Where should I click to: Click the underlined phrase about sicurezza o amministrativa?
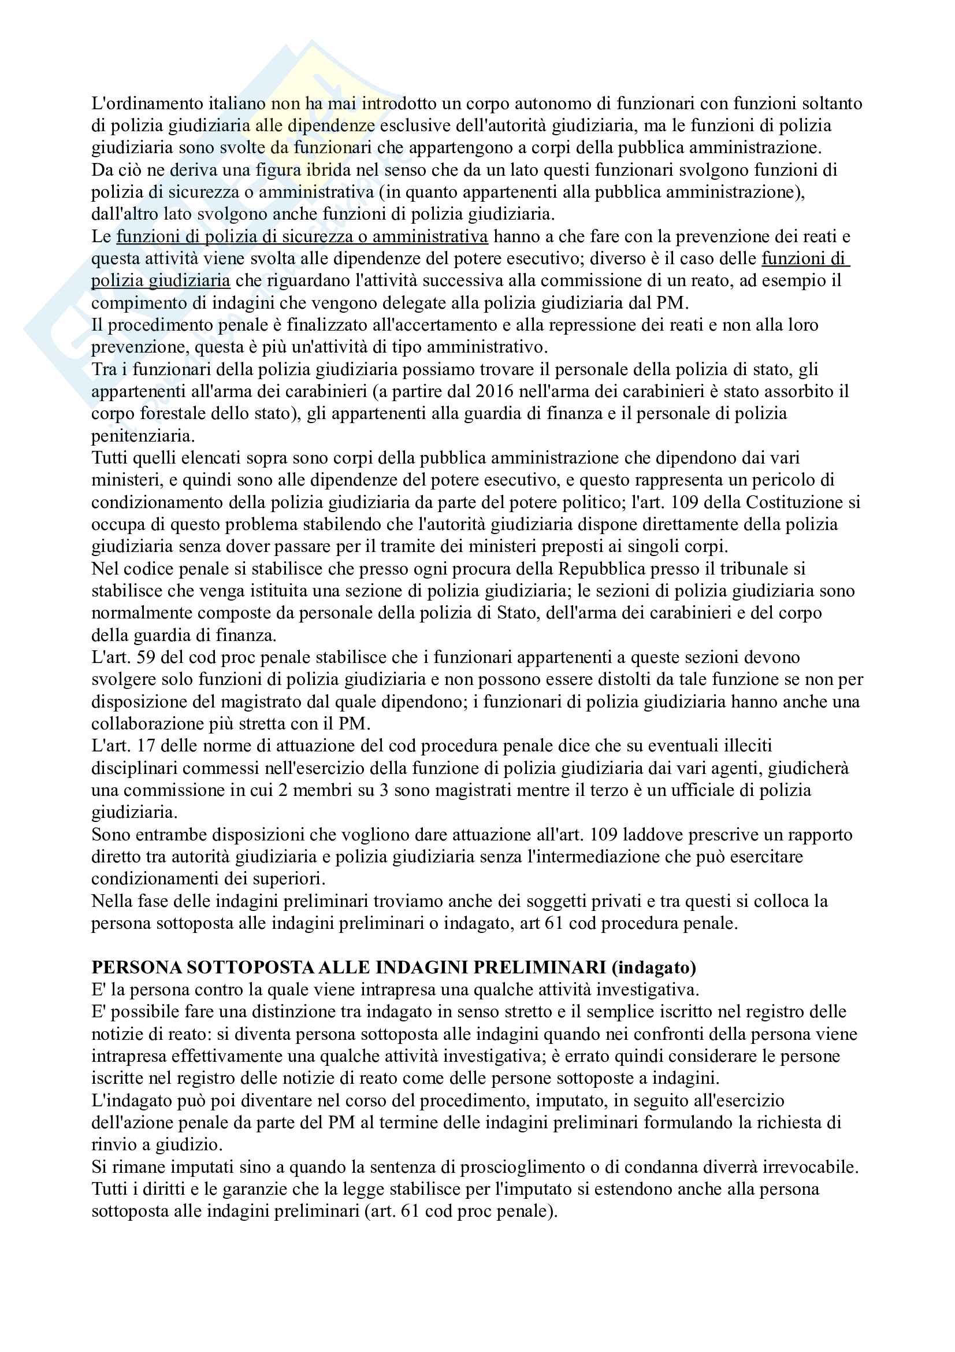[302, 237]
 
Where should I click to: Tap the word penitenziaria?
[142, 436]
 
